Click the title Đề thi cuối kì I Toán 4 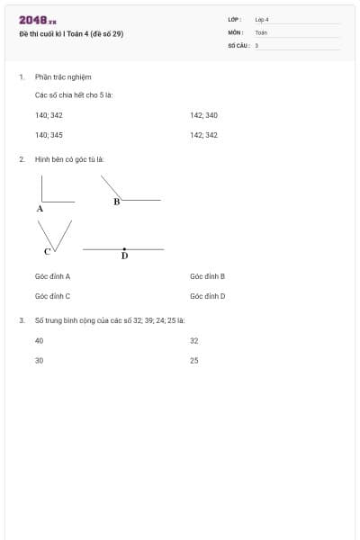point(71,34)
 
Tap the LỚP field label point(235,19)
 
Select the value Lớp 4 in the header point(262,19)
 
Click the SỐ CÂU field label point(238,44)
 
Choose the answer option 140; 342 point(49,115)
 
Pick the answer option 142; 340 point(204,115)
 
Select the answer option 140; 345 point(49,135)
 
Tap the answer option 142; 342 point(204,135)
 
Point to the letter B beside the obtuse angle point(117,202)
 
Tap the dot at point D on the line point(124,248)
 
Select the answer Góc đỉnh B point(207,276)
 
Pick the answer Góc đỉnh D point(207,295)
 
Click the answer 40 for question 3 point(39,341)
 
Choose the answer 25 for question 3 point(194,360)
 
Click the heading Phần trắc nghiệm point(63,77)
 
